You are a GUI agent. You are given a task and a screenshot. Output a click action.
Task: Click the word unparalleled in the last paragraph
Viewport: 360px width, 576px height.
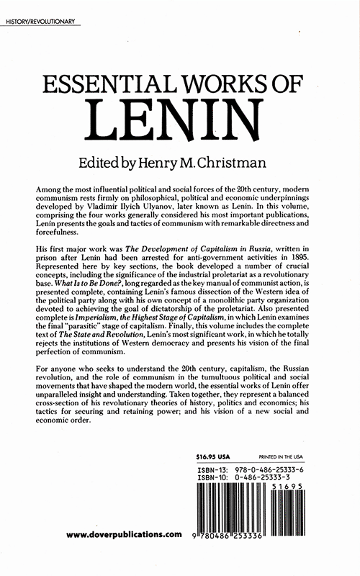pyautogui.click(x=64, y=434)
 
